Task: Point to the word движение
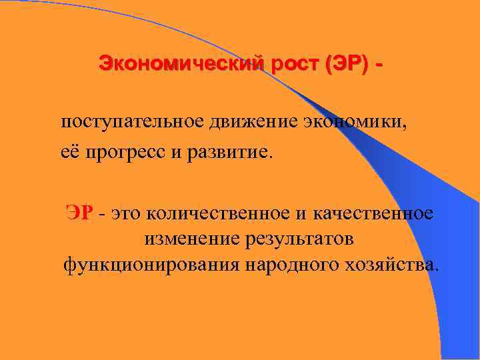pos(243,123)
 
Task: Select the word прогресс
pos(124,154)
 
